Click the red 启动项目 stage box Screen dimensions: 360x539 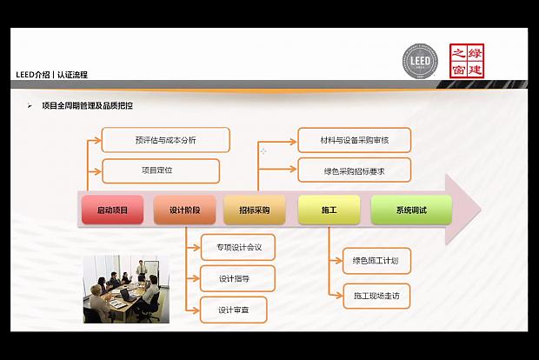click(112, 210)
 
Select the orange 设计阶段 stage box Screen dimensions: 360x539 click(184, 210)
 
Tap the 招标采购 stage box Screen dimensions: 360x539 click(253, 210)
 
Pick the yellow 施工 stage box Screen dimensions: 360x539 click(329, 210)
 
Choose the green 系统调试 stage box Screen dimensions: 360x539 click(411, 210)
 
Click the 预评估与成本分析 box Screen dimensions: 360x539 click(165, 140)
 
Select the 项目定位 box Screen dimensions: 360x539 click(160, 170)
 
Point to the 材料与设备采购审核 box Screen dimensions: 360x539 click(354, 140)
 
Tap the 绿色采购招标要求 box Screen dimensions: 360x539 click(354, 170)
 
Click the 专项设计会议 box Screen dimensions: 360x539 click(238, 247)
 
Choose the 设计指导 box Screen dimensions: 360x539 click(238, 278)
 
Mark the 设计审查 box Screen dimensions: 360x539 click(233, 310)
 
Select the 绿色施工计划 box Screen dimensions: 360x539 click(376, 260)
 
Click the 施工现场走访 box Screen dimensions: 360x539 click(376, 296)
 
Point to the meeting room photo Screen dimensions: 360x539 click(120, 289)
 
